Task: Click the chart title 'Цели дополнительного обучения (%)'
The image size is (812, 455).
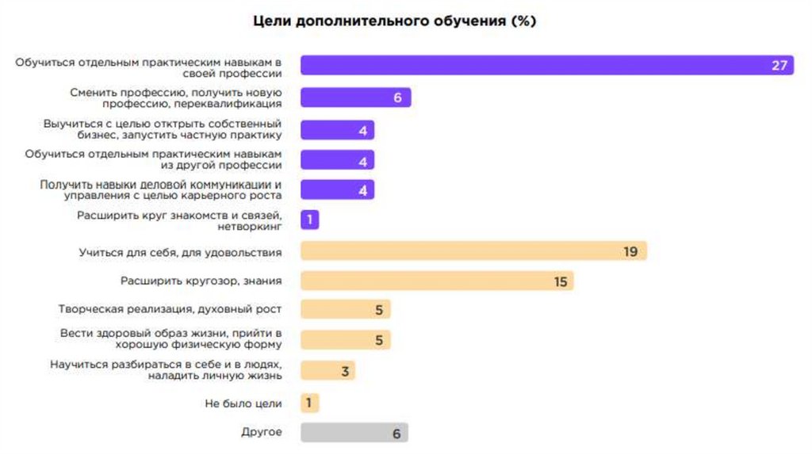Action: [394, 21]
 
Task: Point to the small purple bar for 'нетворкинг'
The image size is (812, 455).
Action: [309, 220]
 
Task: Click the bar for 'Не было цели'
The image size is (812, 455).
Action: [309, 403]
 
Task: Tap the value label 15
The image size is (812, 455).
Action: [561, 281]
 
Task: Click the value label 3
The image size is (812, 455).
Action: [345, 371]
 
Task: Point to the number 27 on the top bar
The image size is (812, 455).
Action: [779, 65]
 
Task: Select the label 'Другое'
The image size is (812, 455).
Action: [261, 433]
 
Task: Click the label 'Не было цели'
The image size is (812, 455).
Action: [243, 403]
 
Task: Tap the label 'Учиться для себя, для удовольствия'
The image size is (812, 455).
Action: [180, 252]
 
